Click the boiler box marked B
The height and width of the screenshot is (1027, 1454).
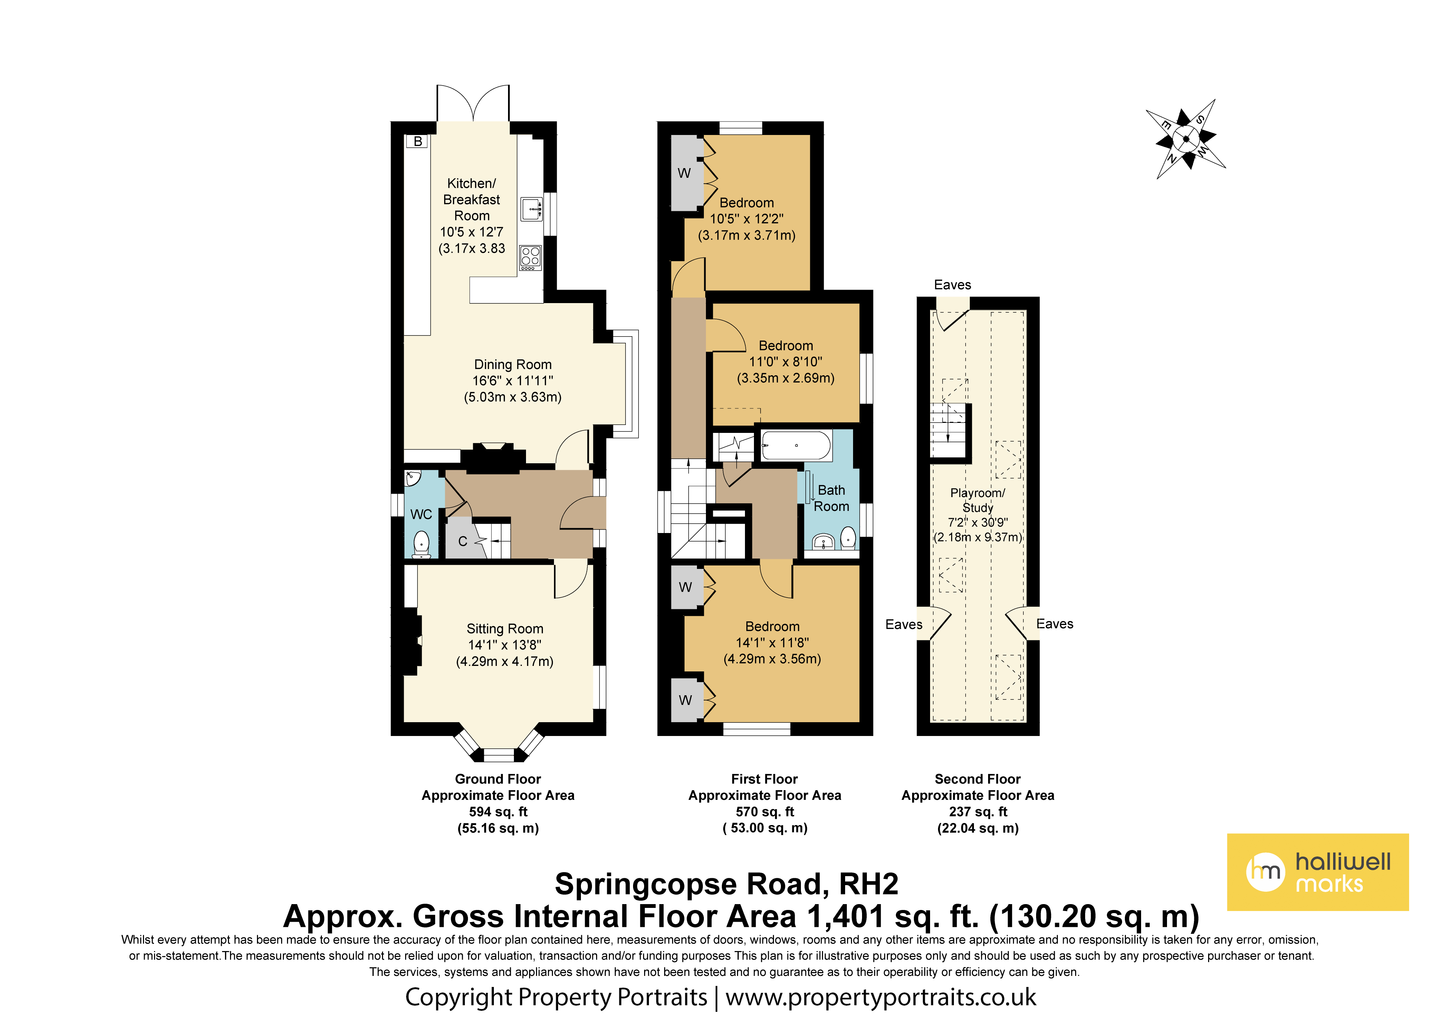[418, 141]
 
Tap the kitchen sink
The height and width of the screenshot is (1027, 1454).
[531, 209]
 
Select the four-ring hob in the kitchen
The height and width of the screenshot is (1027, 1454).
[531, 258]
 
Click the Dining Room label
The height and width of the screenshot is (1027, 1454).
[513, 364]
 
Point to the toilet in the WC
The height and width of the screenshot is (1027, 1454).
[421, 544]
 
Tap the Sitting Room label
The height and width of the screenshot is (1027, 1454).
[505, 629]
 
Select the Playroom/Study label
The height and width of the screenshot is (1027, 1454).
[978, 500]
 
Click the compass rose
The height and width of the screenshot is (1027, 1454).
[1186, 139]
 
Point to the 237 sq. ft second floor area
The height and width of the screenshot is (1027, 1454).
[978, 812]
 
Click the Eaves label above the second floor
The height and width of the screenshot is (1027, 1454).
[953, 285]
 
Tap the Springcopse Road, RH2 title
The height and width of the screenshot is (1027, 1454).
[726, 884]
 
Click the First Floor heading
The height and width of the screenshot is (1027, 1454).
[764, 779]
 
